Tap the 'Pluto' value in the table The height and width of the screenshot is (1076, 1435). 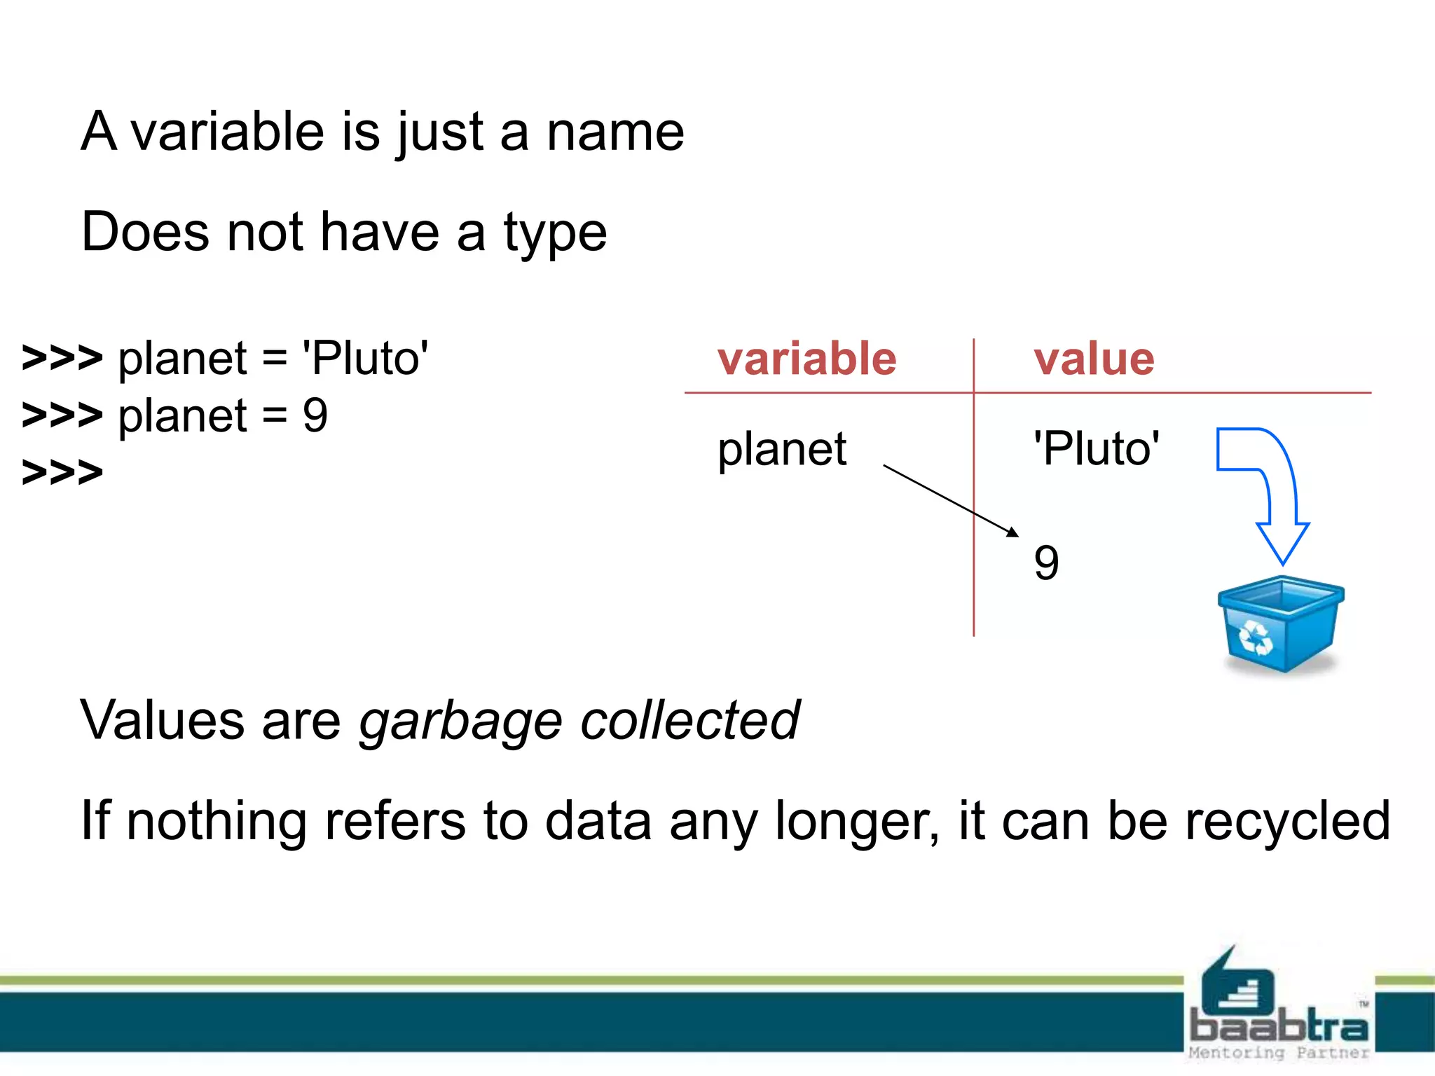click(1097, 448)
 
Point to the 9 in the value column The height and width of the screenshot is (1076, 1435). click(1046, 563)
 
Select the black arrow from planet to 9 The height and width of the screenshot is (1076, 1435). click(949, 499)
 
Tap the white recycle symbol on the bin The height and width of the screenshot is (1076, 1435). click(1255, 637)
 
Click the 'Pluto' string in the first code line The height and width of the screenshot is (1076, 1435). click(365, 359)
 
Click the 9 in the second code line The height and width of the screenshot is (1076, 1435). click(315, 415)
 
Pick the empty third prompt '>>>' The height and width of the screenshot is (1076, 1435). click(62, 472)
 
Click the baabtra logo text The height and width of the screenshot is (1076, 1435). click(1279, 1027)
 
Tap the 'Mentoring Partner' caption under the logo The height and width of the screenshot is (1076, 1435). click(1279, 1052)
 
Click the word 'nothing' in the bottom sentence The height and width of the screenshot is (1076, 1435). click(217, 821)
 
